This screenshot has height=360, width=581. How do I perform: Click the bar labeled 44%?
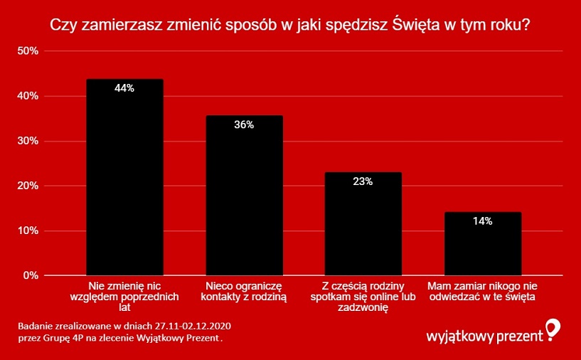pyautogui.click(x=124, y=177)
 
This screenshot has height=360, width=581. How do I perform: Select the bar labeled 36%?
pyautogui.click(x=244, y=196)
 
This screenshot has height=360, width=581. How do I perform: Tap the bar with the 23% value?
pyautogui.click(x=363, y=224)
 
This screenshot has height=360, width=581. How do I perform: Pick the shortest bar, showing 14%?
pyautogui.click(x=483, y=244)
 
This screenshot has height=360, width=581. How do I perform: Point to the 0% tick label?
pyautogui.click(x=30, y=275)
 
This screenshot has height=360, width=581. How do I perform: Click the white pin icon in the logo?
pyautogui.click(x=553, y=329)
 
